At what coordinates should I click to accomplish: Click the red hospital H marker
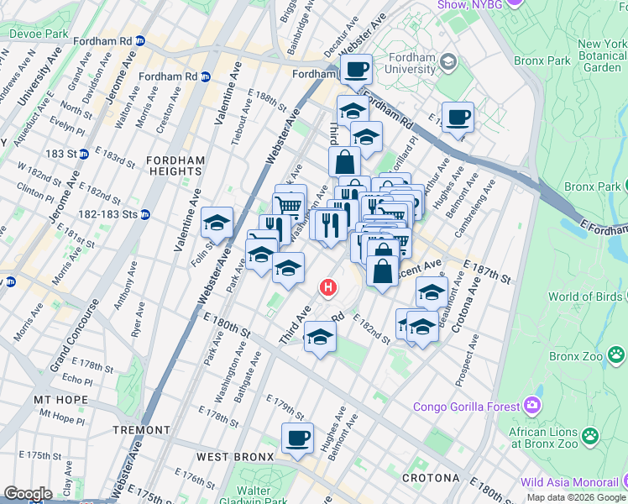pos(328,288)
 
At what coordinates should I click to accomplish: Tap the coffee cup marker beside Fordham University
pos(356,70)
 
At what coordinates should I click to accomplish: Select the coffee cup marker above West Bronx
pos(297,438)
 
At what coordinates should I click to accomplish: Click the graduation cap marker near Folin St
pos(217,223)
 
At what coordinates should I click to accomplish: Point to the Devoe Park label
pos(38,34)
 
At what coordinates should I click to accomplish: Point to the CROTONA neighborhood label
pos(431,478)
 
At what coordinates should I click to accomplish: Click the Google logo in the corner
pos(28,494)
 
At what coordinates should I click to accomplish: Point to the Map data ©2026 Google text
pos(576,497)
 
